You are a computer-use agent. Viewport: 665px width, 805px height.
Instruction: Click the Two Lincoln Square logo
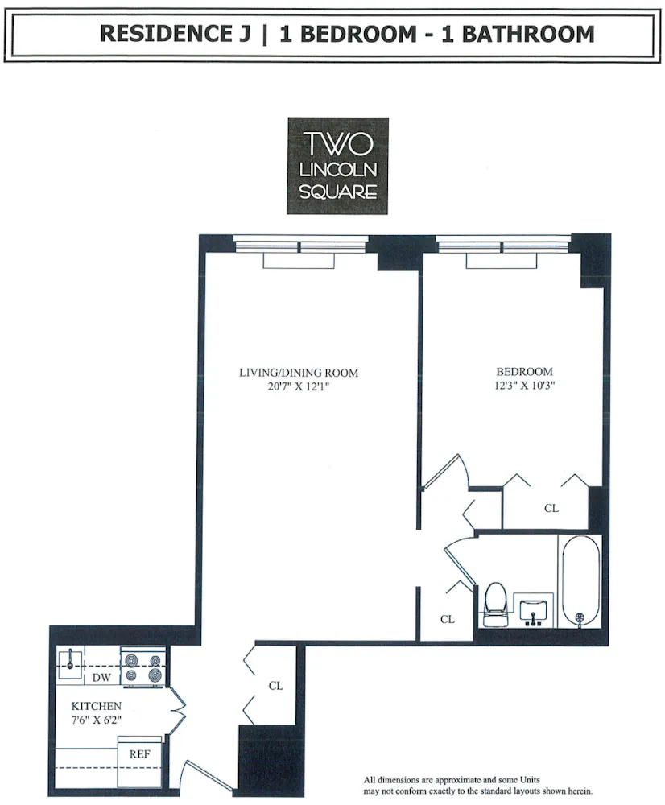tap(338, 166)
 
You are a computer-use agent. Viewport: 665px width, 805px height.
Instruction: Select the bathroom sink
tap(532, 609)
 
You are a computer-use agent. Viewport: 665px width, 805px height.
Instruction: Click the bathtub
tap(580, 580)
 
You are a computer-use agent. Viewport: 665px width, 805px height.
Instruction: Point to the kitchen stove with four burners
tap(143, 667)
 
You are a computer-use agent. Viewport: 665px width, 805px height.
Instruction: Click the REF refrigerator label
tap(139, 758)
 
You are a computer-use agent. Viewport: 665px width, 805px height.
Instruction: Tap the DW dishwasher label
tap(101, 678)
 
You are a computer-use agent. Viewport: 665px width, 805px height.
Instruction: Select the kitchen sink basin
tap(72, 662)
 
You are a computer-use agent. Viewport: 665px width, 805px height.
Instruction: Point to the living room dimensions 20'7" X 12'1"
tap(298, 386)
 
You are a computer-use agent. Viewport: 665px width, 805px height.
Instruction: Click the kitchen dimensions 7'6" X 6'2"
tap(96, 720)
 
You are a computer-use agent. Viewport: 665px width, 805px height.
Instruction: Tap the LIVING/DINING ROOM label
tap(298, 373)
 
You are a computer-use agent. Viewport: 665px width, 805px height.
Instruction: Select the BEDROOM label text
tap(524, 372)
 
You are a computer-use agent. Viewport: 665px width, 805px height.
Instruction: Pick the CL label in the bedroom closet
tap(551, 509)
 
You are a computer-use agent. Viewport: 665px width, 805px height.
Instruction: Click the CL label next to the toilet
tap(448, 619)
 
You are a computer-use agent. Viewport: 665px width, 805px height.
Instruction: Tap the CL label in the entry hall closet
tap(275, 686)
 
